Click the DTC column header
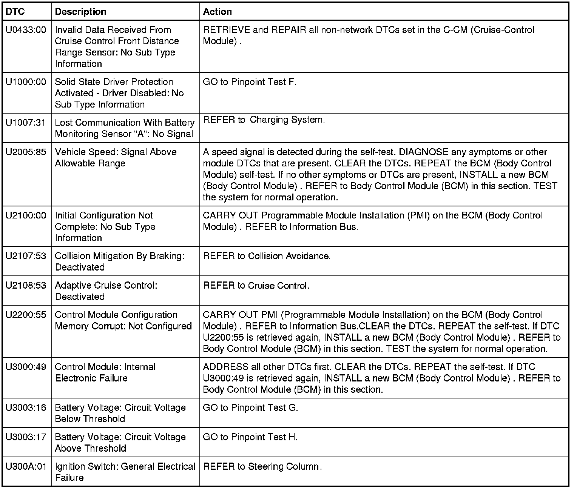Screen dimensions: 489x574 tap(15, 12)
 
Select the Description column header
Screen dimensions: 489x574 tap(80, 12)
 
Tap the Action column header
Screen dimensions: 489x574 tap(217, 12)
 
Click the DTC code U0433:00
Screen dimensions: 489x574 tap(26, 30)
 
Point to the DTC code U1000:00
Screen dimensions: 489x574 tap(26, 82)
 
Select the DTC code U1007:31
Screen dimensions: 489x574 tap(26, 123)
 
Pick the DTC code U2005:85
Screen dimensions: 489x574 tap(26, 152)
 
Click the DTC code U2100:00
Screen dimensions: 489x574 tap(26, 215)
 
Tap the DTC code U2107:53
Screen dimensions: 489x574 tap(26, 256)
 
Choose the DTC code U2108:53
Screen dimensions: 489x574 tap(26, 286)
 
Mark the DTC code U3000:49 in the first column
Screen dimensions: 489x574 tap(26, 367)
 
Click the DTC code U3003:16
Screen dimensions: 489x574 tap(26, 408)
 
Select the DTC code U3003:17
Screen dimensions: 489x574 tap(26, 437)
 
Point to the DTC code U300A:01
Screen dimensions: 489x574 tap(26, 467)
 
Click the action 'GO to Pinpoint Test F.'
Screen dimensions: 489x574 tap(250, 82)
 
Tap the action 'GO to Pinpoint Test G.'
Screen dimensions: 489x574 tap(250, 408)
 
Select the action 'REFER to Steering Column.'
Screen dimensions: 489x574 tap(262, 467)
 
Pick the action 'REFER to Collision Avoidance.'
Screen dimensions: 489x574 tap(267, 256)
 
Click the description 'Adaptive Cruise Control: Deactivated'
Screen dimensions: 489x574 tap(106, 291)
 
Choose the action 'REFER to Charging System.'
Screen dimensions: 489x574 tap(264, 120)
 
